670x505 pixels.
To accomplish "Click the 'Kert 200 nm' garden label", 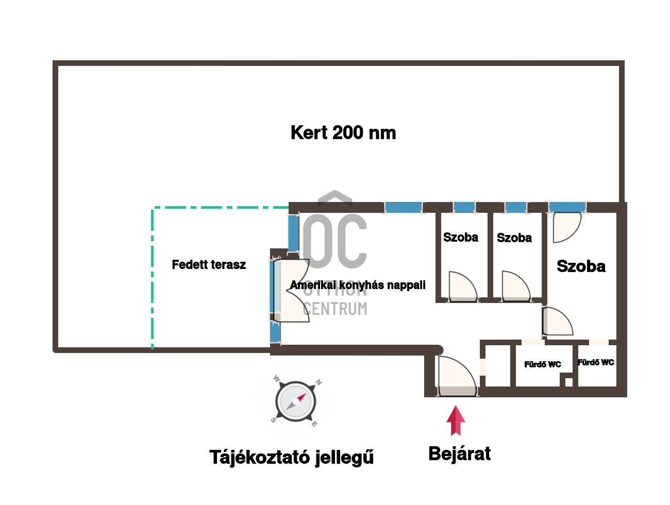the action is tap(343, 133).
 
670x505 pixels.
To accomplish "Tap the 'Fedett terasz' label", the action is tap(209, 264).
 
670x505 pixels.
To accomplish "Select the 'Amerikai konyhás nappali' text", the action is tap(358, 285).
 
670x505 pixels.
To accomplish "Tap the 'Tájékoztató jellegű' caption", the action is tap(292, 458).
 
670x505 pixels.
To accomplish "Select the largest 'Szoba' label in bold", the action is tap(581, 266).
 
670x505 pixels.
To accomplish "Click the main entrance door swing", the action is tap(457, 376).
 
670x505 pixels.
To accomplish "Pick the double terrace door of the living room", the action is tap(292, 290).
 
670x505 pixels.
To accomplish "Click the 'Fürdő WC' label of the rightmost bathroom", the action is tap(596, 362).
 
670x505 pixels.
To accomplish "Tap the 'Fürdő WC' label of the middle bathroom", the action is tap(542, 364).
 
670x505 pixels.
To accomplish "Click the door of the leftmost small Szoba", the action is tap(463, 286).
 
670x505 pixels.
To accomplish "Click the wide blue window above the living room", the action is tap(403, 208).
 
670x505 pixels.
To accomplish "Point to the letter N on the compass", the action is tap(319, 382).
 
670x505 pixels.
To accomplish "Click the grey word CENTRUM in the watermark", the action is tap(335, 309).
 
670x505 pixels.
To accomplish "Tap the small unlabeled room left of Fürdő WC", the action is tap(497, 365).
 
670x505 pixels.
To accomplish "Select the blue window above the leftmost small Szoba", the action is tap(464, 207).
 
